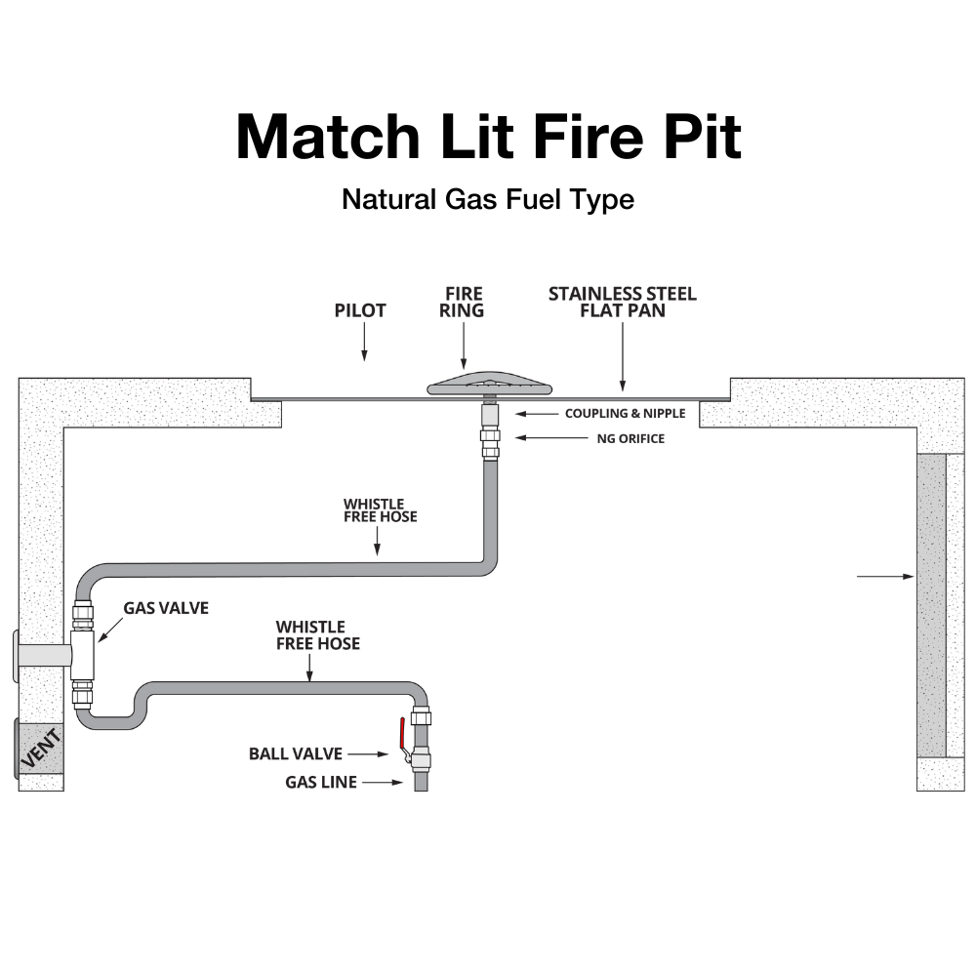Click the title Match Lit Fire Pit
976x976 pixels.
click(x=488, y=138)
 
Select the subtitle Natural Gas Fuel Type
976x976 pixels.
click(x=488, y=199)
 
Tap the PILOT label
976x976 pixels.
click(x=360, y=310)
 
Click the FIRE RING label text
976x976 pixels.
click(x=464, y=302)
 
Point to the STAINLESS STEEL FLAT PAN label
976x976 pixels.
click(x=622, y=302)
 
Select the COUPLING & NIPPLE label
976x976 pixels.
click(x=625, y=414)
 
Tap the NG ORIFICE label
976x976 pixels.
click(x=630, y=439)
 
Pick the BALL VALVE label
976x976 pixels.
click(x=295, y=754)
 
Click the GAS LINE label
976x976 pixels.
click(x=321, y=782)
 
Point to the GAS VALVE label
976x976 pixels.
click(x=166, y=608)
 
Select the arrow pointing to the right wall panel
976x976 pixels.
click(x=884, y=577)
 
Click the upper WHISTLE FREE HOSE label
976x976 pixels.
click(x=380, y=510)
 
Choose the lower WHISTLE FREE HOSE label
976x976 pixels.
click(x=317, y=634)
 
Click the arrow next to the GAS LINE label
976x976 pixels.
click(x=384, y=782)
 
